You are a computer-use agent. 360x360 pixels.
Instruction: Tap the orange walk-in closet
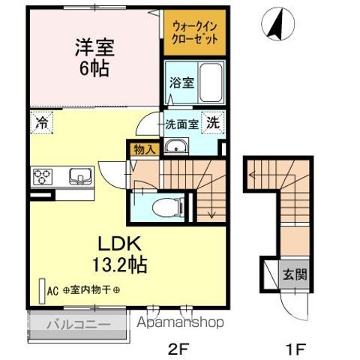click(x=194, y=32)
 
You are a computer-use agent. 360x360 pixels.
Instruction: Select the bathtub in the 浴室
click(x=211, y=82)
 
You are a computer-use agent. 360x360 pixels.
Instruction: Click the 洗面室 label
click(x=182, y=125)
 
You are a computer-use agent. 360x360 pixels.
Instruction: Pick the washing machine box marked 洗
click(x=214, y=123)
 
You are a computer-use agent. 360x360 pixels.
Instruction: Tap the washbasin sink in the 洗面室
click(x=177, y=146)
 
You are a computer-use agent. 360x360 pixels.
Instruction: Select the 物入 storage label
click(x=143, y=149)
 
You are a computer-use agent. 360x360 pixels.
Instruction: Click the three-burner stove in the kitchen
click(x=41, y=178)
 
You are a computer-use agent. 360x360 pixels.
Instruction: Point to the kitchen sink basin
click(x=77, y=177)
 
